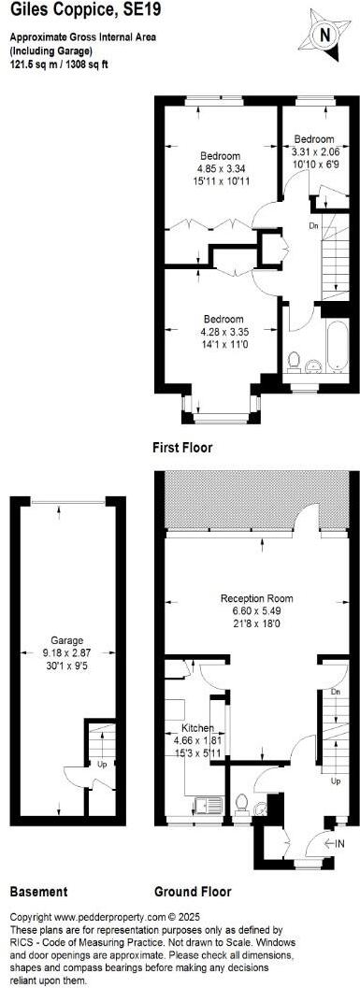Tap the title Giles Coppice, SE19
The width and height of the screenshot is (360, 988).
[x=72, y=11]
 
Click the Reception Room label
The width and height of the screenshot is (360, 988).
[x=256, y=598]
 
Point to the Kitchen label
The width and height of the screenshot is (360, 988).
[x=197, y=728]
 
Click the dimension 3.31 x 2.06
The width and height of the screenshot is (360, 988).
[x=316, y=150]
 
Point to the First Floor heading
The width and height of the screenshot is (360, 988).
[x=182, y=448]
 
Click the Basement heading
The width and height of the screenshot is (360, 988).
[x=38, y=892]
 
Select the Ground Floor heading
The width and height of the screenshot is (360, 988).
[x=193, y=892]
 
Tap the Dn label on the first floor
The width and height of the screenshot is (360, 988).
[x=315, y=225]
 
